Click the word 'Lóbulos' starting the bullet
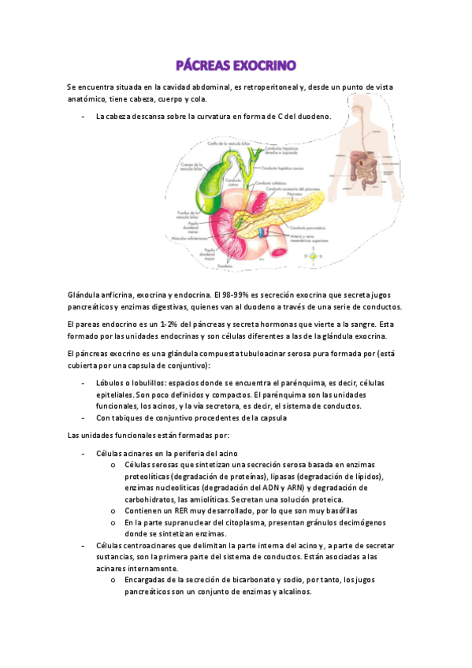tap(109, 382)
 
